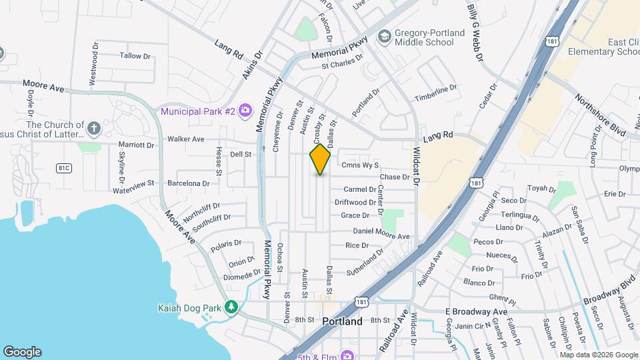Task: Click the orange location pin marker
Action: pos(320,159)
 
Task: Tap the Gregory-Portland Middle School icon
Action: pos(384,35)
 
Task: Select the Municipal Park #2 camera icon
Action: pos(245,109)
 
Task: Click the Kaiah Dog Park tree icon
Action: pos(231,307)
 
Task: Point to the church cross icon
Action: pos(94,127)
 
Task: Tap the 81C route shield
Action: pos(63,167)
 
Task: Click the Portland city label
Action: pos(342,321)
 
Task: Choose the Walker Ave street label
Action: pos(186,139)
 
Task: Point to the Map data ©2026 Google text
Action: pos(599,355)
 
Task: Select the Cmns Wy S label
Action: pos(359,165)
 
